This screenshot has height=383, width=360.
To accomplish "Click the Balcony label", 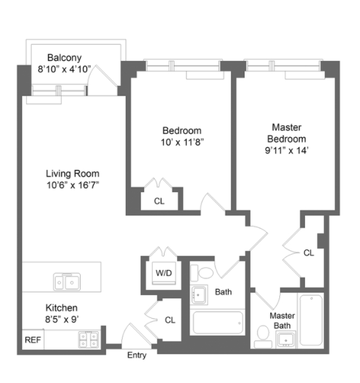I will point(64,58).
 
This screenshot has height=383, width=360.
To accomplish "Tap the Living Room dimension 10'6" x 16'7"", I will point(72,184).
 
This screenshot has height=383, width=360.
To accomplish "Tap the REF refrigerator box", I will point(31,340).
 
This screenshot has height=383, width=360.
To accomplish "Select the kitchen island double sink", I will point(68,282).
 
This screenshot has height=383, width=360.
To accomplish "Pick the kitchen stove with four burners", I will point(89,339).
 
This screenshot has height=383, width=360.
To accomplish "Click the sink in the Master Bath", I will point(286,339).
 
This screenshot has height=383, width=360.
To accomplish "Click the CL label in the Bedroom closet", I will point(159,201).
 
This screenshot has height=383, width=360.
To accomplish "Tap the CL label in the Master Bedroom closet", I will point(308,252).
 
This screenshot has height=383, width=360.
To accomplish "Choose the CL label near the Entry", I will point(170,320).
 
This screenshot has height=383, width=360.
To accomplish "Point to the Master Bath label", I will point(283,320).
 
